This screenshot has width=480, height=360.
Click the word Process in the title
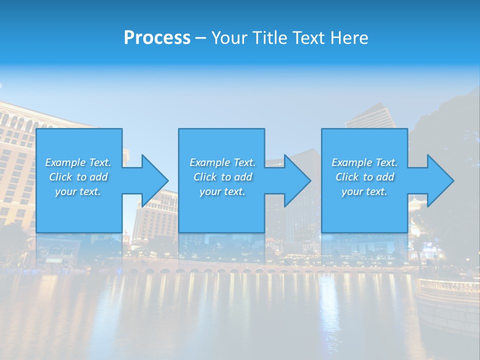[x=157, y=38]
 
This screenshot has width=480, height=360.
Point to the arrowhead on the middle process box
[x=297, y=180]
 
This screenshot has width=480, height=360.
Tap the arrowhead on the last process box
[x=440, y=180]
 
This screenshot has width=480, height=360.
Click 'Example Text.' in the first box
[x=78, y=162]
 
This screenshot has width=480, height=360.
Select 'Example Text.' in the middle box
[x=222, y=162]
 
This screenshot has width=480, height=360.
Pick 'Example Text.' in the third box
[x=364, y=162]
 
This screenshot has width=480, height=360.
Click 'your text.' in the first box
[x=78, y=191]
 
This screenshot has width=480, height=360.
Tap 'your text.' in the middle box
[x=222, y=191]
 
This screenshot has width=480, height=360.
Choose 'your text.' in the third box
[x=364, y=191]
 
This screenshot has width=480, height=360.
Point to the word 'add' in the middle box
[x=243, y=177]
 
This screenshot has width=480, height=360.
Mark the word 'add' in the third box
[x=385, y=177]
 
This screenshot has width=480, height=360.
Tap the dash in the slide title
[x=200, y=38]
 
